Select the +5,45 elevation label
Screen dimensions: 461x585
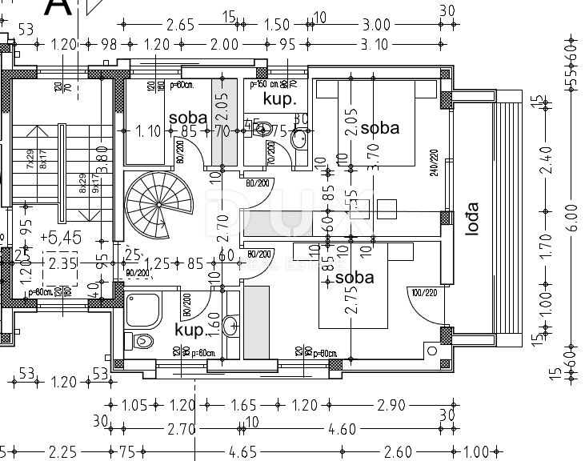(66, 238)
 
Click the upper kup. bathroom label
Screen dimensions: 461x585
(280, 100)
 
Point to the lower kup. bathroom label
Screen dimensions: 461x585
(190, 329)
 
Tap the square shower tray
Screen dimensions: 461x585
(143, 308)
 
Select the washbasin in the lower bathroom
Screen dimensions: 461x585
(230, 325)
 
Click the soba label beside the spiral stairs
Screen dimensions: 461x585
(188, 118)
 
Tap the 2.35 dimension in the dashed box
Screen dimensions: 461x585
(62, 263)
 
